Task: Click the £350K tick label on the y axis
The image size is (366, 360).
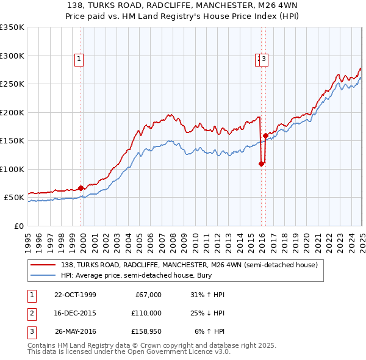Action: [12, 27]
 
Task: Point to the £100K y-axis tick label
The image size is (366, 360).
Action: [12, 169]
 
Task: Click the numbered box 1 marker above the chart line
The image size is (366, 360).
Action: [80, 59]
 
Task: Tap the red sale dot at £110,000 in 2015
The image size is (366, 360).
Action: [261, 164]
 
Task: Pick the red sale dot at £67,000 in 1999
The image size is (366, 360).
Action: [81, 188]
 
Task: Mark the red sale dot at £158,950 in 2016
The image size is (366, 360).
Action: [265, 135]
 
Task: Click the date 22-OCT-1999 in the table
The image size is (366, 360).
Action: [75, 295]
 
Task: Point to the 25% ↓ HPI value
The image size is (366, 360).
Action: [206, 313]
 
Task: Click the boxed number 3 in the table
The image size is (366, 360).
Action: [31, 331]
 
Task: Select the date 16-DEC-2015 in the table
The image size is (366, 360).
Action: [75, 313]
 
